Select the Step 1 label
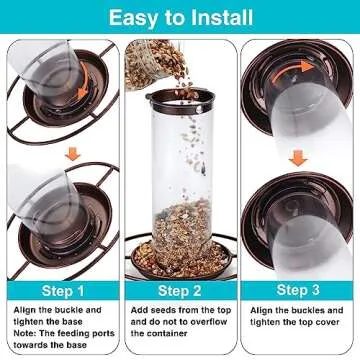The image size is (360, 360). (x=63, y=291)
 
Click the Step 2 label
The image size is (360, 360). (x=180, y=291)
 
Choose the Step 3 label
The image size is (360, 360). (x=298, y=290)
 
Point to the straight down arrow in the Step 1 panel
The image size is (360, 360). (x=73, y=154)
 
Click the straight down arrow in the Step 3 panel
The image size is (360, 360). (x=298, y=158)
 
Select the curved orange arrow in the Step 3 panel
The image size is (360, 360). (x=292, y=70)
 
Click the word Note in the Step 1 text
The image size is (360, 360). (x=24, y=333)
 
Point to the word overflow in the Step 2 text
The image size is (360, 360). (x=209, y=322)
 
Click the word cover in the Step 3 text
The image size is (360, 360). (x=327, y=322)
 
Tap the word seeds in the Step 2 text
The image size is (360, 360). (x=163, y=310)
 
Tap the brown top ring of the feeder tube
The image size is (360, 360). (x=180, y=101)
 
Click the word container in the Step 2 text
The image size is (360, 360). (x=169, y=334)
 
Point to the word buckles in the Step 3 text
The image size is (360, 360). (x=307, y=310)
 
